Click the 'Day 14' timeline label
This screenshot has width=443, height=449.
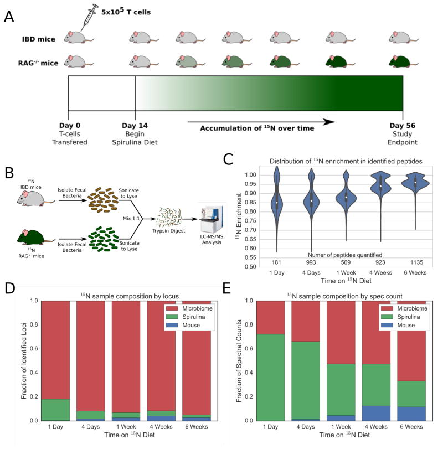coord(136,126)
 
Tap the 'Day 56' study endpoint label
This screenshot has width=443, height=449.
coord(403,126)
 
